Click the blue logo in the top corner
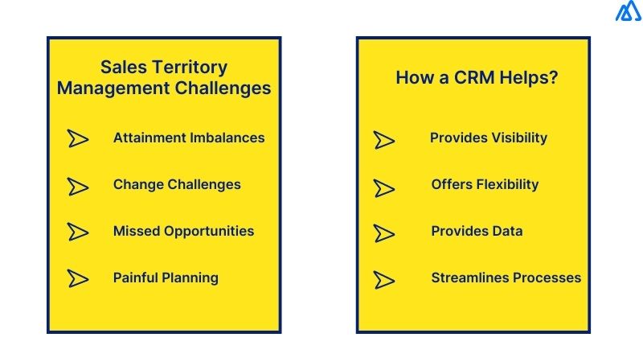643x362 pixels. click(628, 13)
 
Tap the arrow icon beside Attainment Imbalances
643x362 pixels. click(78, 138)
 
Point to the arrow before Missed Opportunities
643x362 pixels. click(78, 232)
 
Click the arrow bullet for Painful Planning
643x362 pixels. click(78, 278)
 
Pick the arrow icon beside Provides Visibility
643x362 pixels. click(384, 139)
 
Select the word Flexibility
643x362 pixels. click(508, 184)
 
